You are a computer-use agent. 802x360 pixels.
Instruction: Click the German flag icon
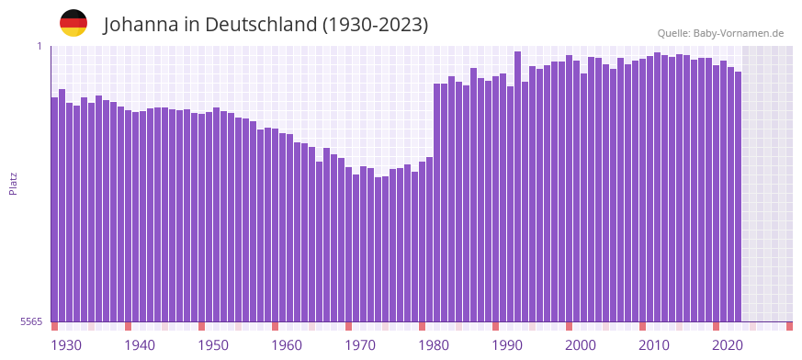click(x=73, y=23)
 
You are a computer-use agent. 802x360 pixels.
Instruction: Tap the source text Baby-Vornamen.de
click(x=739, y=33)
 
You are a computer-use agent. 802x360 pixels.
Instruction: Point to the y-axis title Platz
click(x=13, y=183)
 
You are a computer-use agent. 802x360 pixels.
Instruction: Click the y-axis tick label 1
click(x=40, y=46)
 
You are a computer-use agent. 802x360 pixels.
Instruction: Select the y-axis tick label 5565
click(x=29, y=321)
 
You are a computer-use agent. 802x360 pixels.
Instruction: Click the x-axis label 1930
click(x=66, y=345)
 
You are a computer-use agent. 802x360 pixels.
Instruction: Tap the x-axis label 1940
click(x=140, y=345)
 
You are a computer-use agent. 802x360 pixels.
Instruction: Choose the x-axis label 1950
click(x=213, y=345)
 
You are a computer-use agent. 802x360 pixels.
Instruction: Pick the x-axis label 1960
click(x=287, y=345)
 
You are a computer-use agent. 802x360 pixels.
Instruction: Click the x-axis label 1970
click(x=360, y=345)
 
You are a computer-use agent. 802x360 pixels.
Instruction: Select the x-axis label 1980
click(x=434, y=345)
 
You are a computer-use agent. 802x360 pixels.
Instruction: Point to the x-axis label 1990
click(x=507, y=345)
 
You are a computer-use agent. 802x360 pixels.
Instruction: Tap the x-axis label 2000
click(x=581, y=345)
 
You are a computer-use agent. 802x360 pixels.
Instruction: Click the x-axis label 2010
click(x=654, y=345)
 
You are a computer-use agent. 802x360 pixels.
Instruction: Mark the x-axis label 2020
click(x=728, y=345)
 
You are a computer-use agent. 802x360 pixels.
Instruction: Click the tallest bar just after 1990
click(x=518, y=184)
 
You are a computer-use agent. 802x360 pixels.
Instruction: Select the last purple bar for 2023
click(x=738, y=197)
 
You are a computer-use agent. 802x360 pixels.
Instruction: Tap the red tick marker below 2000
click(x=569, y=326)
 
